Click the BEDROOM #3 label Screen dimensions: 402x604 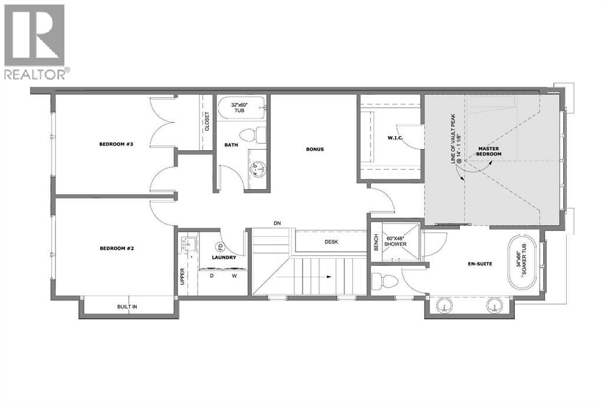[x=114, y=143]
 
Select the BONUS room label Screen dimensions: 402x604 [x=314, y=149]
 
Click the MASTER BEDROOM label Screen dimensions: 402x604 [x=490, y=151]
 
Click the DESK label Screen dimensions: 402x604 [x=331, y=242]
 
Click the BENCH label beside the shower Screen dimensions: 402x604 [x=376, y=241]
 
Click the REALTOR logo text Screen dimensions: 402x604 [x=36, y=74]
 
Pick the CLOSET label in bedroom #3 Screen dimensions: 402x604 [x=207, y=121]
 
